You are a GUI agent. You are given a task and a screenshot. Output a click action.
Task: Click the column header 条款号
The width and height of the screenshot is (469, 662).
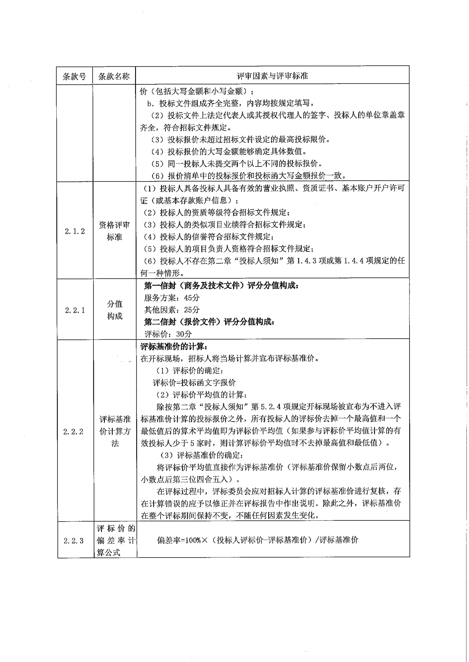click(x=75, y=76)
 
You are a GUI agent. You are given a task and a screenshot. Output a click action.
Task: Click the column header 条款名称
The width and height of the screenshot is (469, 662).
click(x=114, y=76)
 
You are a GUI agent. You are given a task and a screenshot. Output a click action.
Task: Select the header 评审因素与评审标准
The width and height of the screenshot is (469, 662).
click(x=272, y=76)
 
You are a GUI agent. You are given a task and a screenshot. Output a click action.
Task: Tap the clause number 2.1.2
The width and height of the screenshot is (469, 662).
click(x=75, y=231)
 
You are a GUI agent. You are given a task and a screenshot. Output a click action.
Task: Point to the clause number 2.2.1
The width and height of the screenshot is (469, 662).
click(x=75, y=310)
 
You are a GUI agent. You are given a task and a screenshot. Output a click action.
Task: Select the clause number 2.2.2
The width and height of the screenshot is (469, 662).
click(x=73, y=432)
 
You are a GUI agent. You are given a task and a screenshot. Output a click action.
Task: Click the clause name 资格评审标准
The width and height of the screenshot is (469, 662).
click(x=114, y=231)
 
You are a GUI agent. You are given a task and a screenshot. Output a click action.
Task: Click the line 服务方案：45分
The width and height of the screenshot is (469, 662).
click(x=172, y=298)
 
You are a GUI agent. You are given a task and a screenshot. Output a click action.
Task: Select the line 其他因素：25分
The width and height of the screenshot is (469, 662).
click(x=172, y=310)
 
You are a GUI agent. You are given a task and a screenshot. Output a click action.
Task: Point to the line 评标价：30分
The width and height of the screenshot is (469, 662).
click(x=168, y=334)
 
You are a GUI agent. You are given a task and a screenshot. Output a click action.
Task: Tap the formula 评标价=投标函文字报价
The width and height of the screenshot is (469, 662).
click(x=194, y=383)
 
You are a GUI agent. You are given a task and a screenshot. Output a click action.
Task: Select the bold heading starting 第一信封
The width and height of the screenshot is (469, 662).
click(x=221, y=286)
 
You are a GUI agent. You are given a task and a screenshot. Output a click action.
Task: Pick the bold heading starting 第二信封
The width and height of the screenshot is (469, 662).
click(x=209, y=322)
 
